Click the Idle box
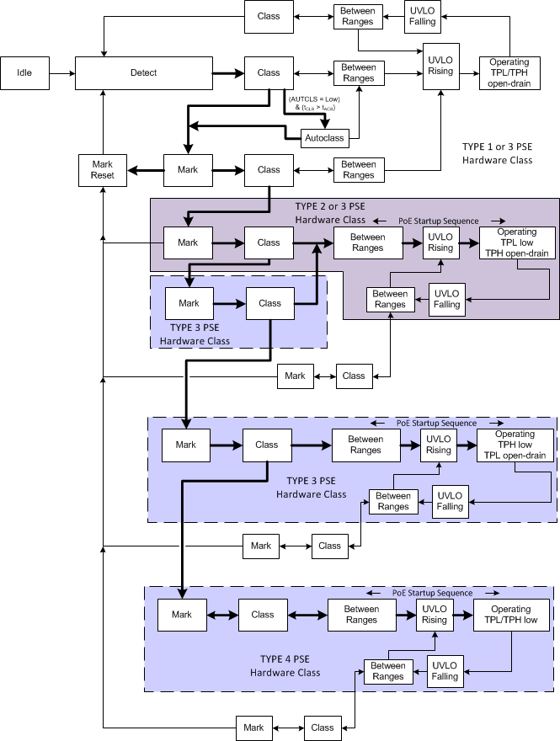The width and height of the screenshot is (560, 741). (x=24, y=73)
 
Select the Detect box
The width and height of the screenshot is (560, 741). (x=143, y=73)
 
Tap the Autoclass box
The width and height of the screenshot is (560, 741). (x=324, y=137)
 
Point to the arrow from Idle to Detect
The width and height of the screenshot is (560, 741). (x=61, y=73)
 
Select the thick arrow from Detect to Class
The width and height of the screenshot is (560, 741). (x=227, y=73)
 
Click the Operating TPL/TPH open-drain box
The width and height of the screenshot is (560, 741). (x=509, y=73)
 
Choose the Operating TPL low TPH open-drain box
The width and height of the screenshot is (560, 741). (x=516, y=243)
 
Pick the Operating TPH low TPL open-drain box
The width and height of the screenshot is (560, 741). (x=515, y=445)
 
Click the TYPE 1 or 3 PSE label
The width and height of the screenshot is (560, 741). (x=497, y=147)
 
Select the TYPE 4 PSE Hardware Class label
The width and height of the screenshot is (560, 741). (x=285, y=665)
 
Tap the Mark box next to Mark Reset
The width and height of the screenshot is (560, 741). (x=188, y=170)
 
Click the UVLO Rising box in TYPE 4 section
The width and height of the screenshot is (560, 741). (x=435, y=615)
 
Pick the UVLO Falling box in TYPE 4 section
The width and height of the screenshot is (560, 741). (x=445, y=670)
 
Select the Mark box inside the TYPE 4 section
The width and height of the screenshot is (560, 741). (x=182, y=615)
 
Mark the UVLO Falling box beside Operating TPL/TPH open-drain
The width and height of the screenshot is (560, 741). (x=421, y=19)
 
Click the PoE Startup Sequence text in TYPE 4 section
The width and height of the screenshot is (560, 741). (x=432, y=593)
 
